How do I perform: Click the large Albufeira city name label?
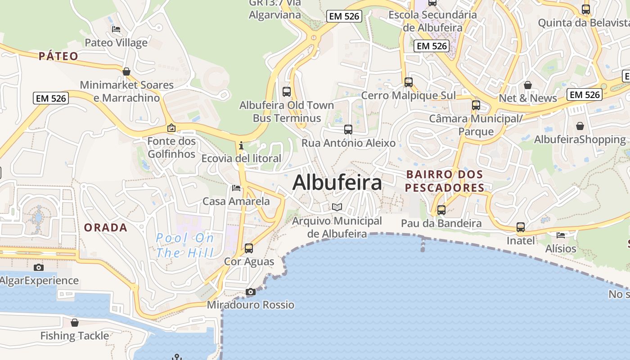pyautogui.click(x=337, y=183)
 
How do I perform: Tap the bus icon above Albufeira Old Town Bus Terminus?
pyautogui.click(x=287, y=92)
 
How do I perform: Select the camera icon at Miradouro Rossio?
pyautogui.click(x=251, y=292)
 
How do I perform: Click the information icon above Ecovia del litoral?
pyautogui.click(x=241, y=145)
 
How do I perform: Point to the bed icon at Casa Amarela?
pyautogui.click(x=236, y=188)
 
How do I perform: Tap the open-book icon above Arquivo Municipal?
pyautogui.click(x=337, y=207)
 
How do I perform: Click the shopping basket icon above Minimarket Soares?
pyautogui.click(x=126, y=72)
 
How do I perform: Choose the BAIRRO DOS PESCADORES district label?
pyautogui.click(x=444, y=181)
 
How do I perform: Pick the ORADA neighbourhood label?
pyautogui.click(x=106, y=228)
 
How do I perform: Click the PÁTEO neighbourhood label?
pyautogui.click(x=58, y=56)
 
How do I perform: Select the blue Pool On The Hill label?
pyautogui.click(x=185, y=245)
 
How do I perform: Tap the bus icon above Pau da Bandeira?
pyautogui.click(x=441, y=210)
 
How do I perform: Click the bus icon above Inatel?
pyautogui.click(x=521, y=227)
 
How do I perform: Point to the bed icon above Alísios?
pyautogui.click(x=561, y=235)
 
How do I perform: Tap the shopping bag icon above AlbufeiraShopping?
pyautogui.click(x=580, y=126)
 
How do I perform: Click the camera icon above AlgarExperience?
pyautogui.click(x=39, y=267)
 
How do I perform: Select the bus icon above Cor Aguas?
pyautogui.click(x=249, y=248)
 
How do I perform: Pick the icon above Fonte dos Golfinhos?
pyautogui.click(x=171, y=128)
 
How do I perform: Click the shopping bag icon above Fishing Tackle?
pyautogui.click(x=75, y=323)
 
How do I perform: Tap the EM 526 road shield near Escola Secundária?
pyautogui.click(x=432, y=46)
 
